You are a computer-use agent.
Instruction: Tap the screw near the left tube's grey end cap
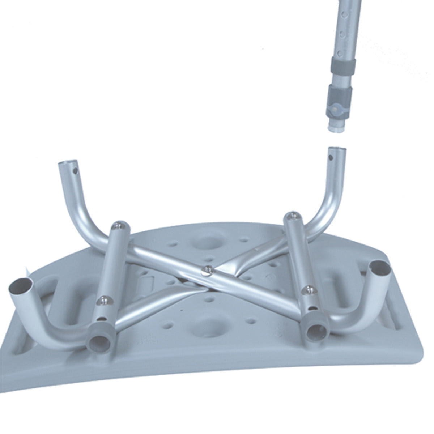click(103, 299)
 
